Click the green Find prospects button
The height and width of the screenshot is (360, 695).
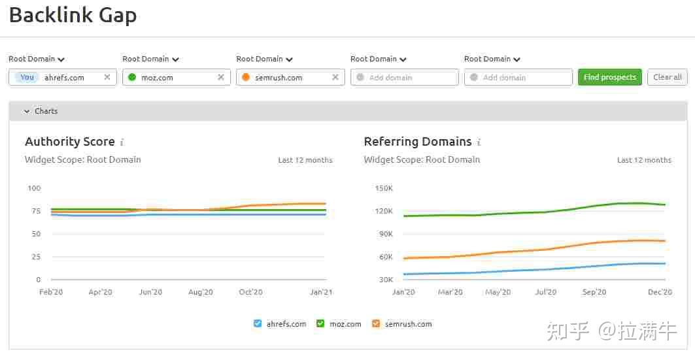(609, 77)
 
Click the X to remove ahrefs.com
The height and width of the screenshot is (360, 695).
(107, 77)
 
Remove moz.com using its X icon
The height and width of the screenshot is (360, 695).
(221, 77)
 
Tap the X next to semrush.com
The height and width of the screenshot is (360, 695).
(335, 77)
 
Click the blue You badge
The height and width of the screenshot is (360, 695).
(27, 77)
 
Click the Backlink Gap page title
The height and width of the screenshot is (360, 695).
(73, 15)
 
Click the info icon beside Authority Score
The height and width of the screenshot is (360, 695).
(122, 142)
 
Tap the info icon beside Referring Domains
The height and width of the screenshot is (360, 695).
(479, 142)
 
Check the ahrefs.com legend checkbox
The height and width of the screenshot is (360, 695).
(258, 323)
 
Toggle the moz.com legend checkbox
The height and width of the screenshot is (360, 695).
(320, 323)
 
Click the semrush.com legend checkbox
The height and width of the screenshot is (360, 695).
(376, 323)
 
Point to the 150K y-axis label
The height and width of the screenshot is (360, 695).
(383, 188)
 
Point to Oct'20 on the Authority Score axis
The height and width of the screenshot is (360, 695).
(250, 292)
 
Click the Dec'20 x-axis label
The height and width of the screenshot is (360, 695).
(659, 292)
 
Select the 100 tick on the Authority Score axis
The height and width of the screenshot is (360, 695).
(33, 188)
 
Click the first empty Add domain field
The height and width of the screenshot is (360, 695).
(404, 77)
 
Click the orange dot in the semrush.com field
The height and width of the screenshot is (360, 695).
(246, 77)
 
